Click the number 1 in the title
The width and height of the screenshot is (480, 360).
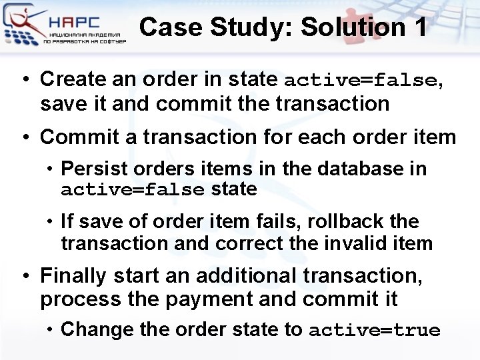click(419, 27)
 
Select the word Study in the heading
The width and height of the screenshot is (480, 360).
click(251, 27)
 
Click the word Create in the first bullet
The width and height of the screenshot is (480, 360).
click(74, 79)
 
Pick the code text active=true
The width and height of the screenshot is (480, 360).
click(375, 330)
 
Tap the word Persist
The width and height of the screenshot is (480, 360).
click(90, 169)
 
